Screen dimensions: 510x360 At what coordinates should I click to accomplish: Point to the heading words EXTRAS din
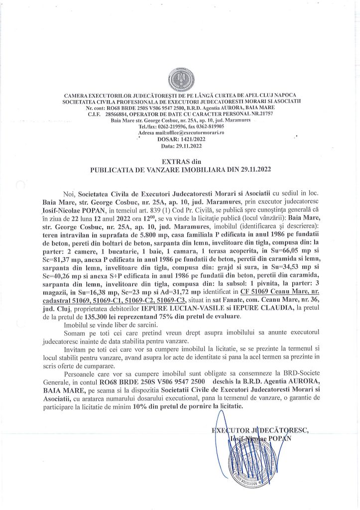[x=179, y=162]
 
